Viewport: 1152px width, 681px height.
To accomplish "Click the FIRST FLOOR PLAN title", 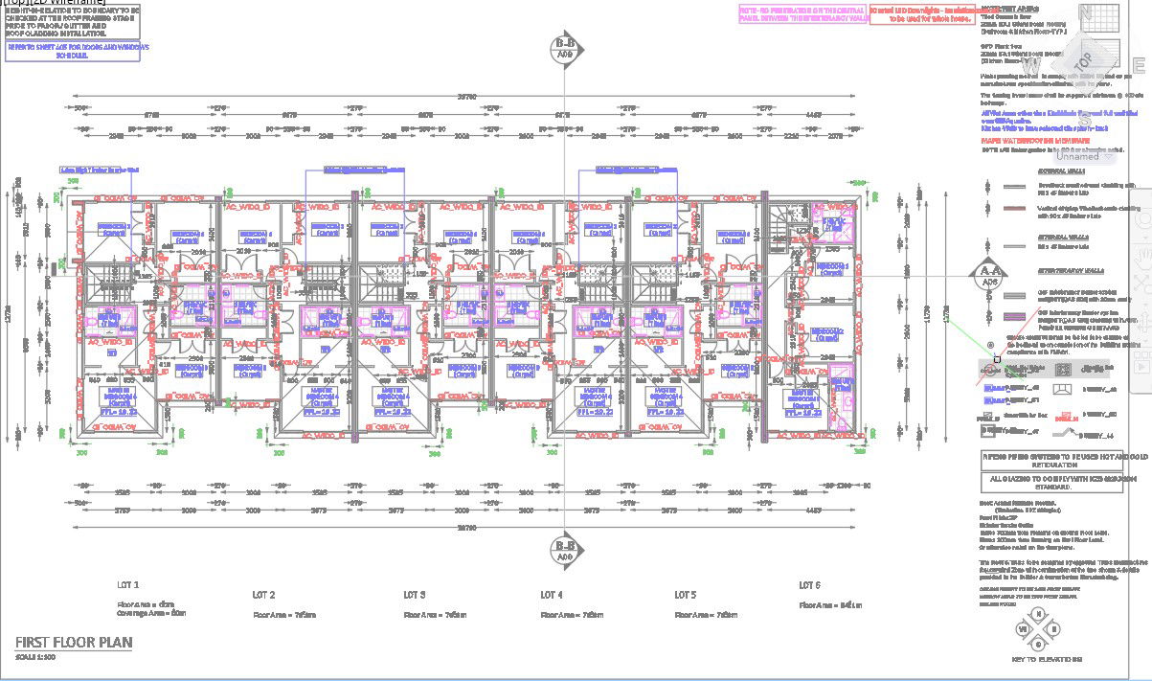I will [x=74, y=642].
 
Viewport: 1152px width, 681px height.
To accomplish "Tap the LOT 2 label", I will [x=263, y=595].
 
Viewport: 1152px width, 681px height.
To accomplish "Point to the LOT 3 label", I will [x=414, y=595].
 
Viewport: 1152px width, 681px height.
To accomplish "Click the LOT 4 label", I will [x=552, y=595].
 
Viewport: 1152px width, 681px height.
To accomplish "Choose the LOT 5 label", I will [x=685, y=595].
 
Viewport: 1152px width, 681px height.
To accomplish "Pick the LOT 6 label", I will [x=810, y=584].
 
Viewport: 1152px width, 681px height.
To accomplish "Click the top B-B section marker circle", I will [x=564, y=48].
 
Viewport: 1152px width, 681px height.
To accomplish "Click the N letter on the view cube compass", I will [x=1086, y=11].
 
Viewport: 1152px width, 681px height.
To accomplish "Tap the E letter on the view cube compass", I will [x=1139, y=65].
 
